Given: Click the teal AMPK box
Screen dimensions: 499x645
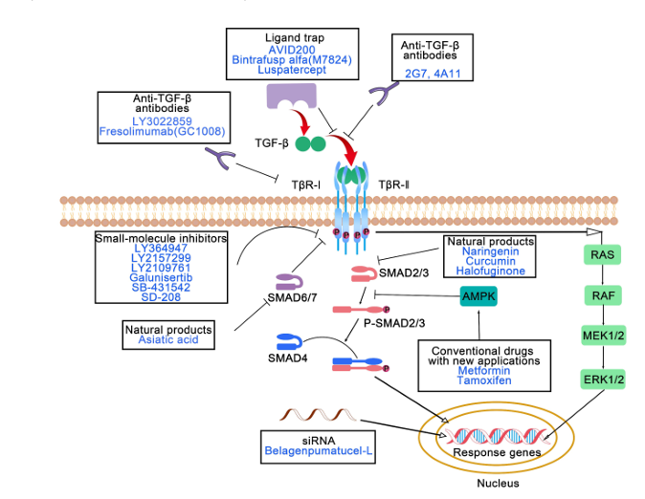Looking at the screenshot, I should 478,297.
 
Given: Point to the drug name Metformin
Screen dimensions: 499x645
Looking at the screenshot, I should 485,370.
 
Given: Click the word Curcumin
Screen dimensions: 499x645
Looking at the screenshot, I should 490,259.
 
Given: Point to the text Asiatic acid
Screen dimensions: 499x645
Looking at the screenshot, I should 166,340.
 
